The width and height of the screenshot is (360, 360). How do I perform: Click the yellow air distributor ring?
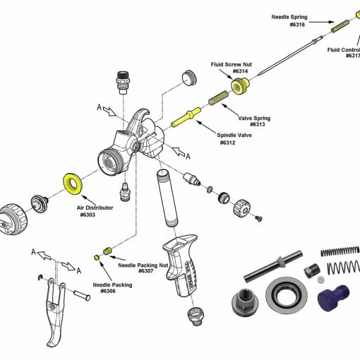(72, 183)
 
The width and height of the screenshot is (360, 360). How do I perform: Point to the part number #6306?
(108, 291)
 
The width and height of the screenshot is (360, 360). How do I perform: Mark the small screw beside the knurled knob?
(258, 217)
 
